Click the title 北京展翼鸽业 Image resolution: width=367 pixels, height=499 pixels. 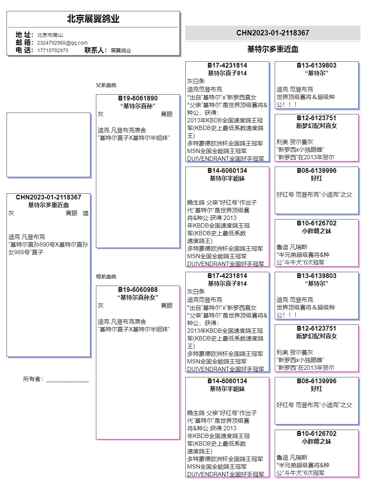93,19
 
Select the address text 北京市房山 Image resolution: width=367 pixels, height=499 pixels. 50,35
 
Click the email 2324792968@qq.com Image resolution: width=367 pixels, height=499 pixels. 62,43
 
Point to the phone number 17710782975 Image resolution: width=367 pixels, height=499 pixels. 53,50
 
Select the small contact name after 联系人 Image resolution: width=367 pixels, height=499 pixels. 121,50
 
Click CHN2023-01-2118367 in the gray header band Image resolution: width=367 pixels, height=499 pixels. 273,33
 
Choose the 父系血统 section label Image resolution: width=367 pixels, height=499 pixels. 106,85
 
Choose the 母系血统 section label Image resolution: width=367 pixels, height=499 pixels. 106,277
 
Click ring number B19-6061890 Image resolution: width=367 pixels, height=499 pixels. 138,98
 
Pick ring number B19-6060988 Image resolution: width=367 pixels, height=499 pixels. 138,290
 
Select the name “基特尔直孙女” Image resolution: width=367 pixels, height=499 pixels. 138,297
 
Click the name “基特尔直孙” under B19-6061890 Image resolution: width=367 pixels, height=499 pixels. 138,106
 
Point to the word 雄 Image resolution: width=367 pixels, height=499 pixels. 85,213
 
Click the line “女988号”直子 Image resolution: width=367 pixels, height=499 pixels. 26,252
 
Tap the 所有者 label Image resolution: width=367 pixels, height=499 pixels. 33,379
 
